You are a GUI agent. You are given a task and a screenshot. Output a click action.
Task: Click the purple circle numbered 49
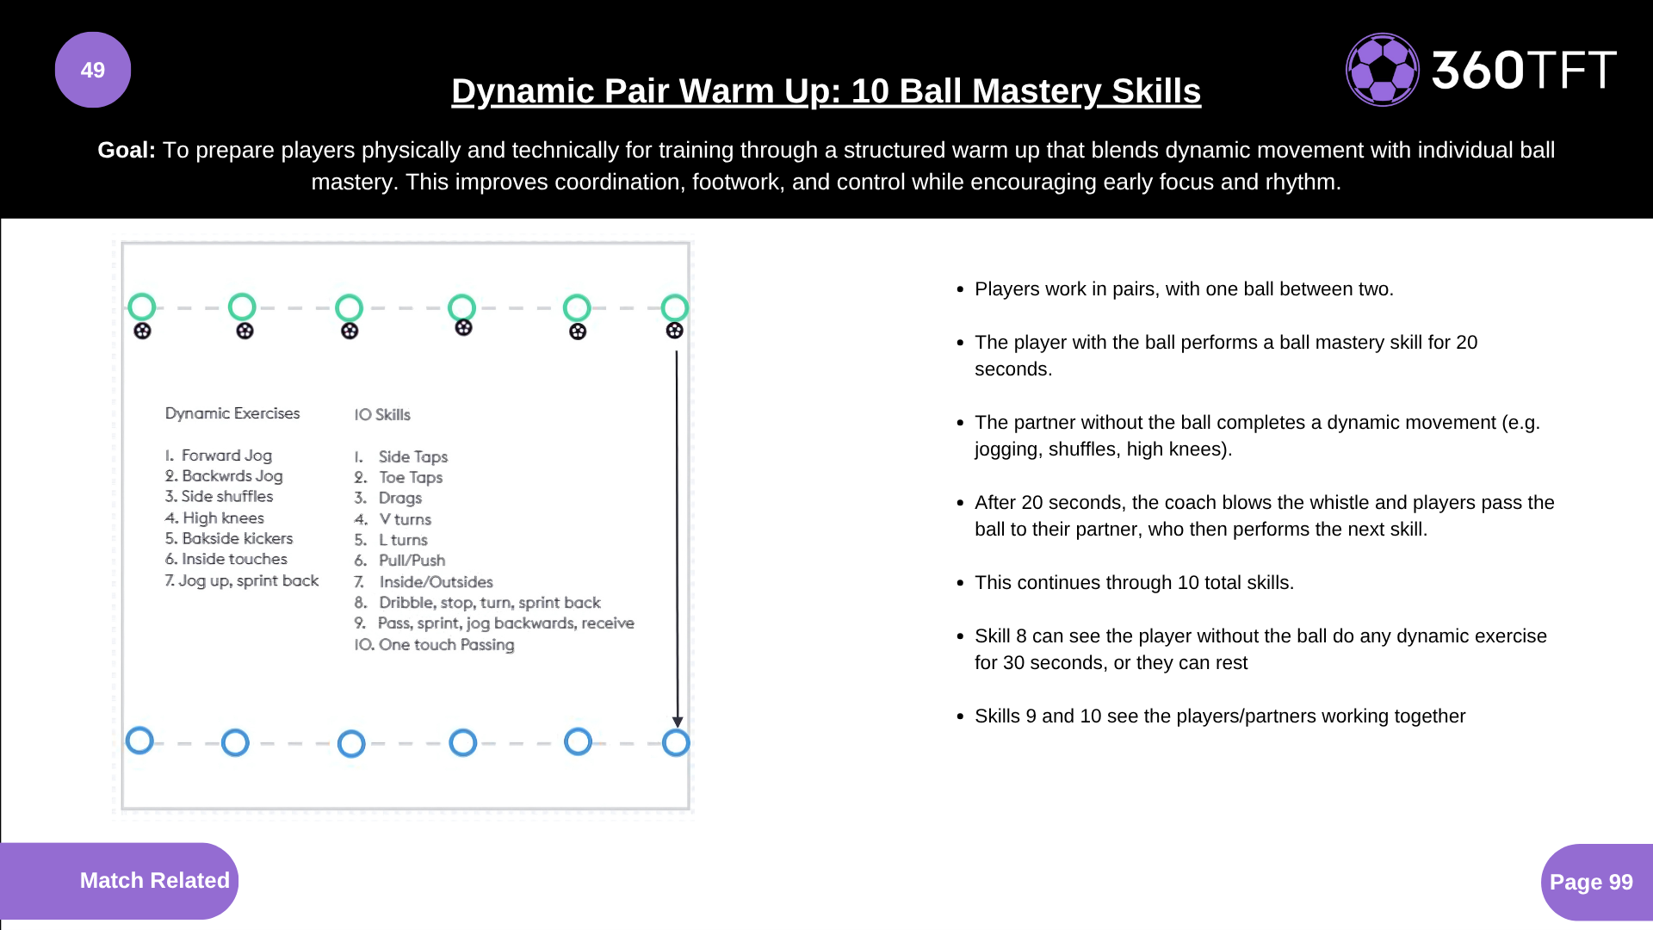93,70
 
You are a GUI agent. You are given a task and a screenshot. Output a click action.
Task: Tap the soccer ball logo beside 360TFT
1383,70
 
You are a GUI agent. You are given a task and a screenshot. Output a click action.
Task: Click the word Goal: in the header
127,150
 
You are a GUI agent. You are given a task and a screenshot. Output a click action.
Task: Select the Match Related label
155,880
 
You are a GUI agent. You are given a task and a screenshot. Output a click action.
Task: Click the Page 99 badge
1591,882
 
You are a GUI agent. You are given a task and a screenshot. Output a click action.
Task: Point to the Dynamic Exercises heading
232,413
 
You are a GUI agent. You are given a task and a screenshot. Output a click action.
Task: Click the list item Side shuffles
219,496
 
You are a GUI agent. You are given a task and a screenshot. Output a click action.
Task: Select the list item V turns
393,519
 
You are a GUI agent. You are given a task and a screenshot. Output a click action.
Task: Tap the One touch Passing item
434,644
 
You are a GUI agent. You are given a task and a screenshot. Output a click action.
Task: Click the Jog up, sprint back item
242,580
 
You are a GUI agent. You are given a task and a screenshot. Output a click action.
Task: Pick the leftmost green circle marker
142,307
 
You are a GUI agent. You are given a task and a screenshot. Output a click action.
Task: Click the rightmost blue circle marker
676,742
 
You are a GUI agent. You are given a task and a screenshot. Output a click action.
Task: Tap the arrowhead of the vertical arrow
678,722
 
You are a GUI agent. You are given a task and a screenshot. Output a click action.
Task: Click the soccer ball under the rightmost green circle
675,330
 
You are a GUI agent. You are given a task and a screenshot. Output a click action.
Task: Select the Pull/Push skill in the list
399,561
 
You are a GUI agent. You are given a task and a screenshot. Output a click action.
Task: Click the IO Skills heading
382,414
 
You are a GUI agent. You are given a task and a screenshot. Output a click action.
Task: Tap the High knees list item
214,518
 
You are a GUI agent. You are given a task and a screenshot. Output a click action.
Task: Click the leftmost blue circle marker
139,740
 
